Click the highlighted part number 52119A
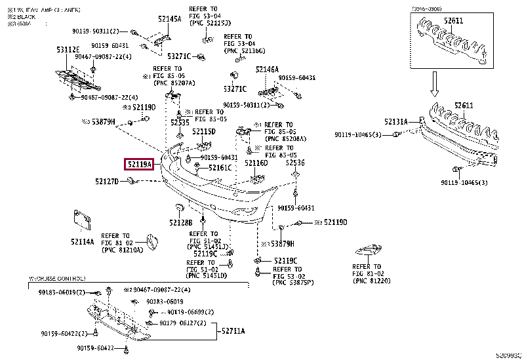point(140,164)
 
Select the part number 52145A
point(171,20)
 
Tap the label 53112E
point(68,50)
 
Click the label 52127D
point(106,181)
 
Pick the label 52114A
point(83,241)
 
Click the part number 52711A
point(233,331)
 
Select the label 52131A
point(395,121)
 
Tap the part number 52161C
point(220,169)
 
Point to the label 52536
point(295,162)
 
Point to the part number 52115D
point(204,132)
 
